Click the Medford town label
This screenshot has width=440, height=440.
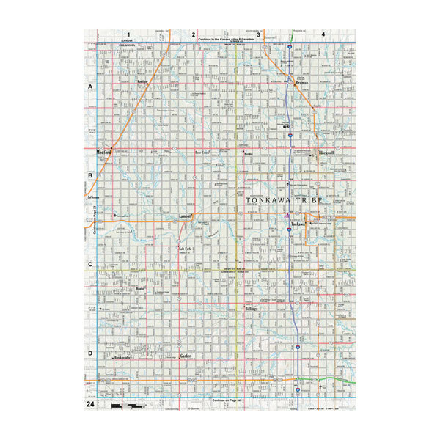click(x=103, y=153)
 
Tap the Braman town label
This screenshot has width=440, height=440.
click(x=301, y=84)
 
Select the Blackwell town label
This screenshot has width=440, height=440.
click(x=326, y=153)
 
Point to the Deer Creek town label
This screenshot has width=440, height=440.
click(x=202, y=153)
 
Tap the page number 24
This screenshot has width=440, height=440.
click(x=89, y=404)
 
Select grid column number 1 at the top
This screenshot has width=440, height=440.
click(x=128, y=34)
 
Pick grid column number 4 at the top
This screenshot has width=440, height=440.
click(x=323, y=34)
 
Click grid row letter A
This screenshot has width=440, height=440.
click(x=90, y=87)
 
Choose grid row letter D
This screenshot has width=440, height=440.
click(x=90, y=353)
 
